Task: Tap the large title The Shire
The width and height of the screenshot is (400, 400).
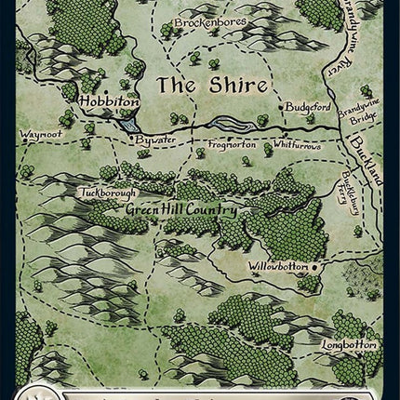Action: (x=211, y=85)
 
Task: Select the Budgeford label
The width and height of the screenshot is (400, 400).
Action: (x=309, y=107)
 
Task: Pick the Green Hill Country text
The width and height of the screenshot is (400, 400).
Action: (x=181, y=210)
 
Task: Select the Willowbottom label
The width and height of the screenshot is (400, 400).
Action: (x=277, y=266)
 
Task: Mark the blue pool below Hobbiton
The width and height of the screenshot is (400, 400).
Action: (x=129, y=122)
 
